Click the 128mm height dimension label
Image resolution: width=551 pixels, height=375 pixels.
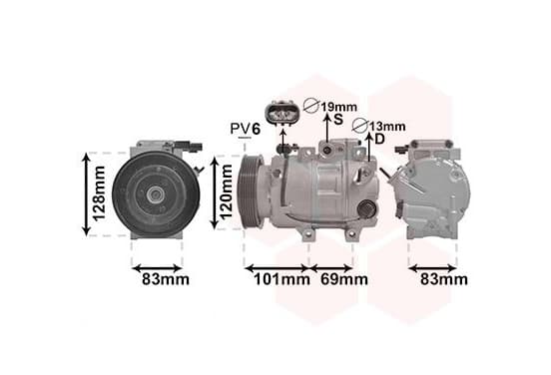click(99, 193)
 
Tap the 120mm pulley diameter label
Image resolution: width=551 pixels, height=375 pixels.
click(227, 191)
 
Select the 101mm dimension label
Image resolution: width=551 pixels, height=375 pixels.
click(281, 280)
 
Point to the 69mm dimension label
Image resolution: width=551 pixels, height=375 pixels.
click(344, 280)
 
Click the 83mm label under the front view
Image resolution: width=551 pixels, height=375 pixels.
click(166, 280)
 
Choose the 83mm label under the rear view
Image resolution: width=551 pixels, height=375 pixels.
click(444, 280)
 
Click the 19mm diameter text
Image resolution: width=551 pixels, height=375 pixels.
click(338, 107)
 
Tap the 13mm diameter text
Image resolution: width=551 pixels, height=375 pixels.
click(387, 127)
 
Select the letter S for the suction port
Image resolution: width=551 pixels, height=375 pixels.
click(338, 120)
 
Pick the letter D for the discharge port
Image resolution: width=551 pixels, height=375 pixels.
click(380, 140)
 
